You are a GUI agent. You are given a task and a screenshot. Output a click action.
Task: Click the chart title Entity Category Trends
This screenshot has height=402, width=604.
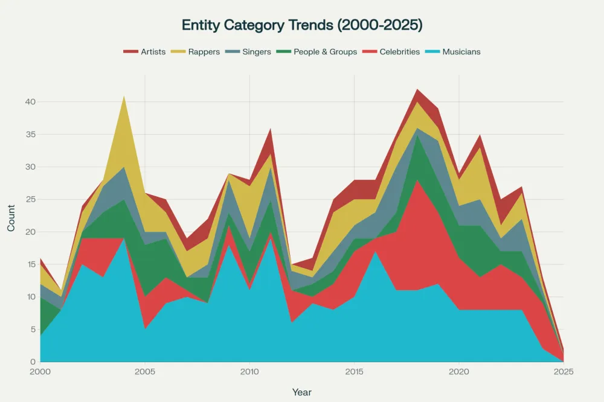point(302,25)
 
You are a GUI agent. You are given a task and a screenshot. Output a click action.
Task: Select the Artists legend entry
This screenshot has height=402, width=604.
point(144,52)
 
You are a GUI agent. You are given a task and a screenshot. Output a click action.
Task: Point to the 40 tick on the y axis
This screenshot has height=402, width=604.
point(30,101)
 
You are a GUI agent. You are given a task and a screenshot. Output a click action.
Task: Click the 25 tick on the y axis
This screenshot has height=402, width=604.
point(30,199)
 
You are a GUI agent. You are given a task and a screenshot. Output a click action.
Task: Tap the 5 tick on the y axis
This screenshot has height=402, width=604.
point(32,330)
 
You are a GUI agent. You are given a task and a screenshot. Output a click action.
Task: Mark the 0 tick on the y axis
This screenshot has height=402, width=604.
point(32,362)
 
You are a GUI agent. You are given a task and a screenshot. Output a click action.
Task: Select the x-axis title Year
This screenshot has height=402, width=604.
point(302,392)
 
